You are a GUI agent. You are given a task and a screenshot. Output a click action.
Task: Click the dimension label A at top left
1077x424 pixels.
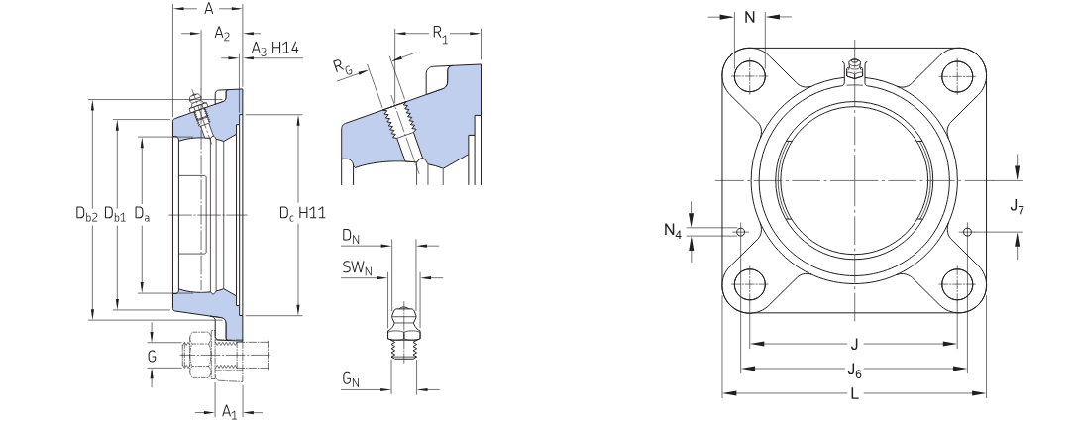(x=209, y=9)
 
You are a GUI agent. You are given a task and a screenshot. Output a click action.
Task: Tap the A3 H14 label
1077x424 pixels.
(x=275, y=48)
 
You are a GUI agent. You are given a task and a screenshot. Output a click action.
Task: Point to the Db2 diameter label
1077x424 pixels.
(x=86, y=212)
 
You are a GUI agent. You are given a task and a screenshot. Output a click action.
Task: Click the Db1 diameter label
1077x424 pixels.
(x=115, y=212)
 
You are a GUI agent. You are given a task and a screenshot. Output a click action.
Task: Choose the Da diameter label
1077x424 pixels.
(x=143, y=212)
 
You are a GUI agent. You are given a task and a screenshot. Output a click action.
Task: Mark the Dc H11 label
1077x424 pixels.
(x=301, y=212)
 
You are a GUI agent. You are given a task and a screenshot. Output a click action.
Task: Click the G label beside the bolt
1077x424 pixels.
(x=152, y=354)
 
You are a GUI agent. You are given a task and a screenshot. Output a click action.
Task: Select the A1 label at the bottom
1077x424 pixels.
(x=228, y=410)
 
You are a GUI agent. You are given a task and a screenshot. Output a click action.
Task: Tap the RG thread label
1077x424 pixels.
(x=343, y=67)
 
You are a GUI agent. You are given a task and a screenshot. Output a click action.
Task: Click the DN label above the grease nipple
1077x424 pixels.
(x=349, y=236)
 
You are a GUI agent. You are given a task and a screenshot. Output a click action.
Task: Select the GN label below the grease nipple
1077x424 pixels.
(x=350, y=379)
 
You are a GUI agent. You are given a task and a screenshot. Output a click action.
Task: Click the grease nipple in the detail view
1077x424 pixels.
(x=403, y=327)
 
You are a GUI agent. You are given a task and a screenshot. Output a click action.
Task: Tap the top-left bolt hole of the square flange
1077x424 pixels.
(x=750, y=73)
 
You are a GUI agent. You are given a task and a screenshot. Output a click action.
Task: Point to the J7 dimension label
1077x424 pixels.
(x=1018, y=206)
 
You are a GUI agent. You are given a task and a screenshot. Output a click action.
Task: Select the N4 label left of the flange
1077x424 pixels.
(x=673, y=231)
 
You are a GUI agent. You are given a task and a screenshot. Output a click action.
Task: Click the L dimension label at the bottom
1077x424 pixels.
(x=854, y=394)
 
